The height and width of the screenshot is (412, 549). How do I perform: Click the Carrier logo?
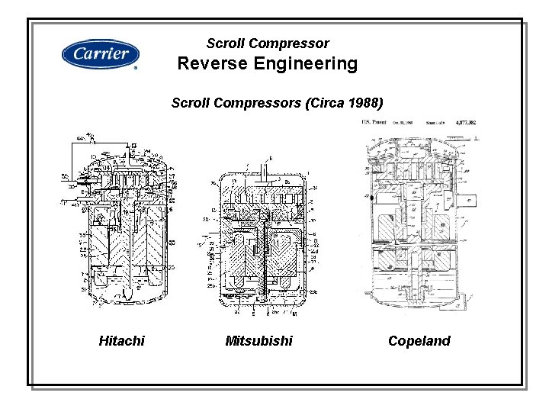(x=100, y=54)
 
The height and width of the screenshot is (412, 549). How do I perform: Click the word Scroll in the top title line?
(x=226, y=43)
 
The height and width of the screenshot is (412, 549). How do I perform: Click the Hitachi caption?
(x=121, y=341)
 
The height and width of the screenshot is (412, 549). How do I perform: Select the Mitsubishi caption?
(x=258, y=341)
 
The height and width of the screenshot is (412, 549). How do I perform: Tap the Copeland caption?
(x=419, y=341)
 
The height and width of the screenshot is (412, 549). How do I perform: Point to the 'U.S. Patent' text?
(x=374, y=121)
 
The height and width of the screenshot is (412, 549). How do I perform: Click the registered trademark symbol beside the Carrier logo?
(x=136, y=68)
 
